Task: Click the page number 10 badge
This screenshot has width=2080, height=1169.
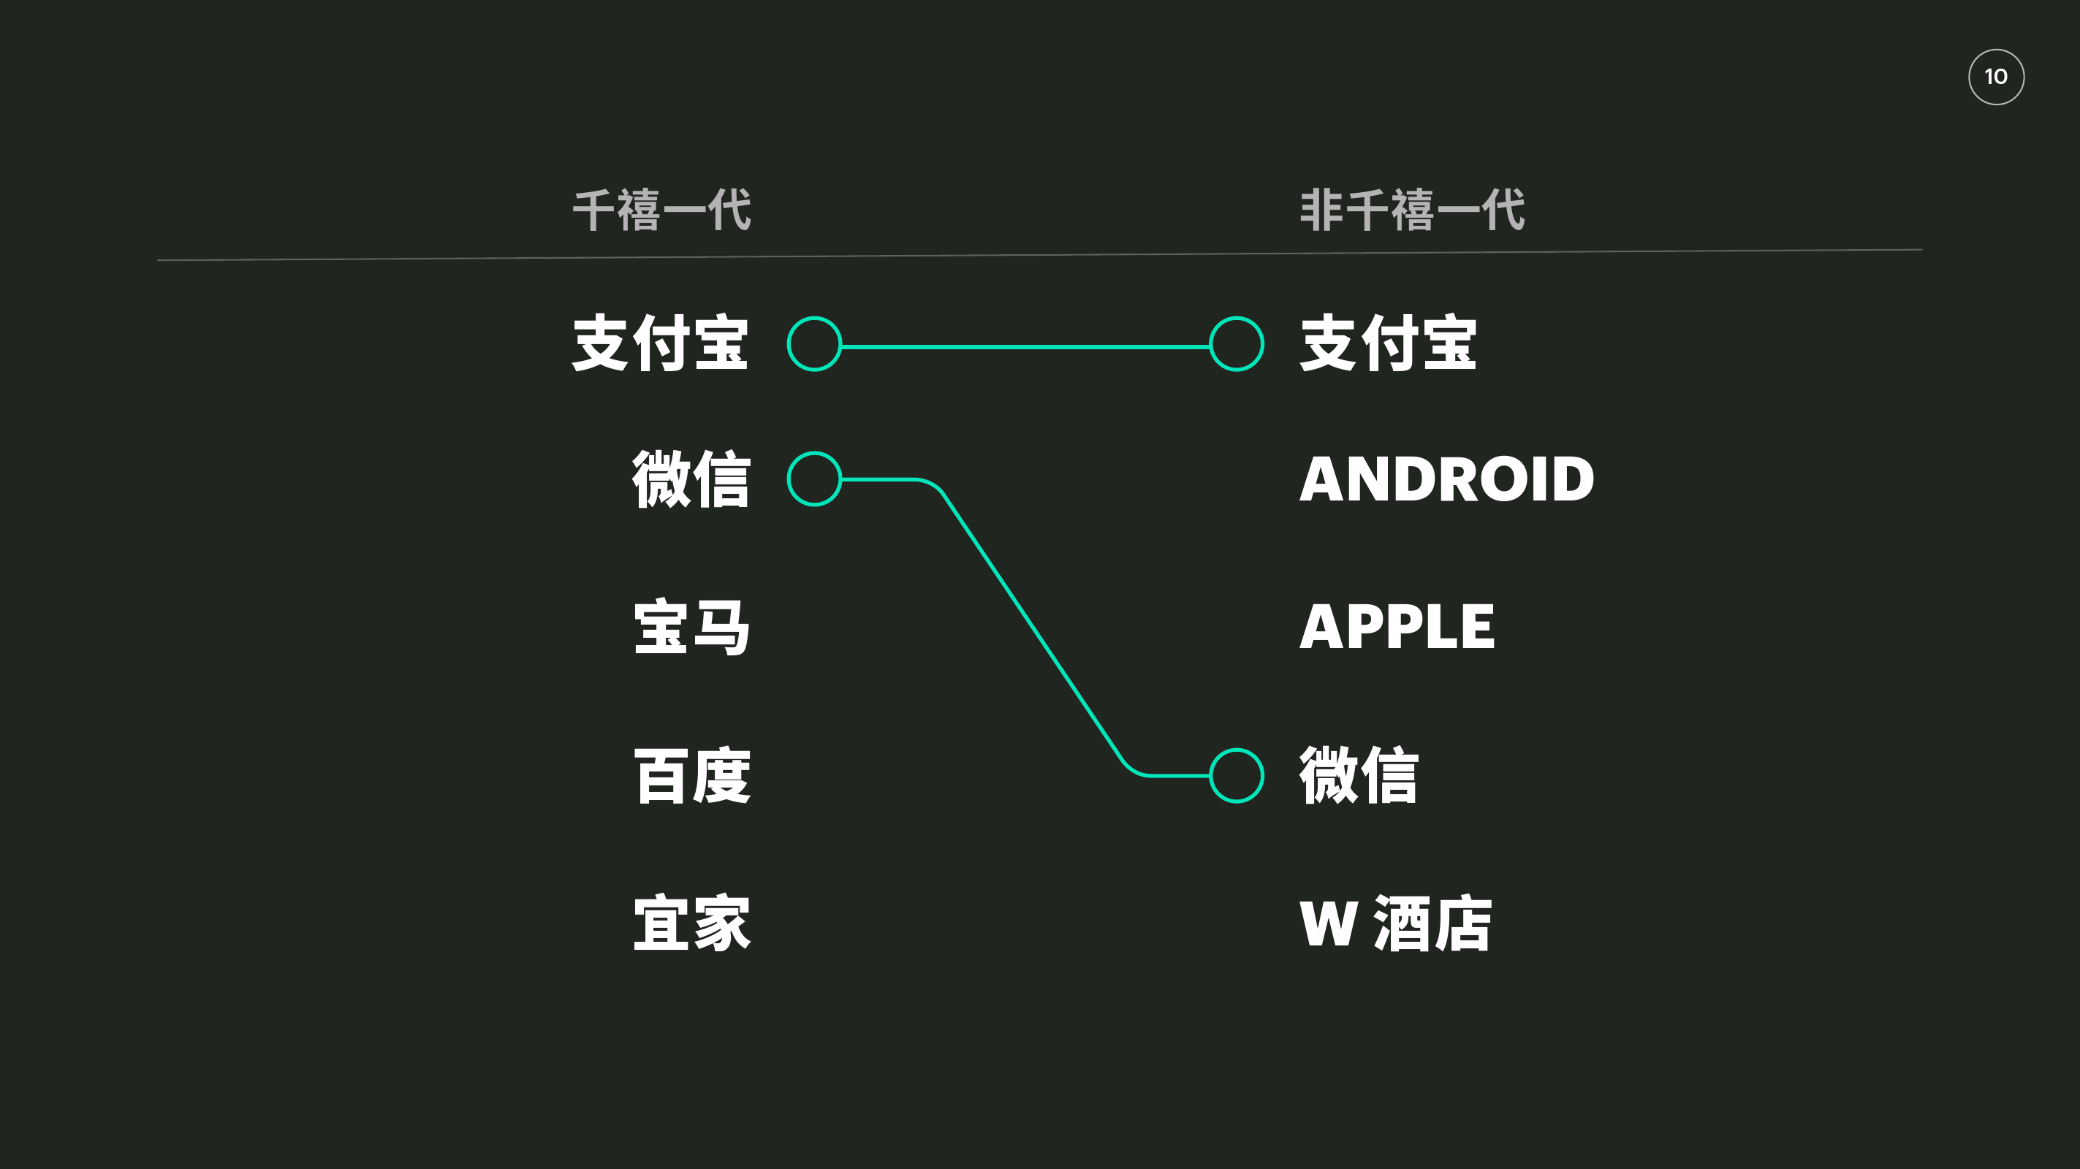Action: coord(1995,77)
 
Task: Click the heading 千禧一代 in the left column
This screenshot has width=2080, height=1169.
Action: coord(661,210)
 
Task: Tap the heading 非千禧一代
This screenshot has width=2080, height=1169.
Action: coord(1411,210)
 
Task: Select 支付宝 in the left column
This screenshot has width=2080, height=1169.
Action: coord(660,344)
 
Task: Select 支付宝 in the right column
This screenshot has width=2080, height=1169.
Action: coord(1387,344)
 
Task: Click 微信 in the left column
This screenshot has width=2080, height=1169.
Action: coord(691,479)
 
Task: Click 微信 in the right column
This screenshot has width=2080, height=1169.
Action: coord(1358,776)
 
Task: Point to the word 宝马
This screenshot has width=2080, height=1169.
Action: coord(691,628)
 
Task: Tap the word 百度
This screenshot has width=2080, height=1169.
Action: coord(691,776)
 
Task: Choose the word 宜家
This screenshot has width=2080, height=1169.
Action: coord(691,924)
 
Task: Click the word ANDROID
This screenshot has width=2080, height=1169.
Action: coord(1446,479)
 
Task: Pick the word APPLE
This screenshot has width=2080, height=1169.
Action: coord(1397,628)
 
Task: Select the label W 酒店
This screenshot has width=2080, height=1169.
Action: coord(1395,924)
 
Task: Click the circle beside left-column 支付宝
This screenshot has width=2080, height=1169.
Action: coord(814,344)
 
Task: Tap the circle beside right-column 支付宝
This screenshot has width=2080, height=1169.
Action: coord(1236,344)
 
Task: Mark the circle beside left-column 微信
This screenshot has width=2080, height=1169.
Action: coord(814,479)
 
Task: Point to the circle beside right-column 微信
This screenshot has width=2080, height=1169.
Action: coord(1236,776)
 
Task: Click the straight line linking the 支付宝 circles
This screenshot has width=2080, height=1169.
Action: coord(1025,346)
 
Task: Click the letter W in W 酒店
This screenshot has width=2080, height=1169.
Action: coord(1327,924)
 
